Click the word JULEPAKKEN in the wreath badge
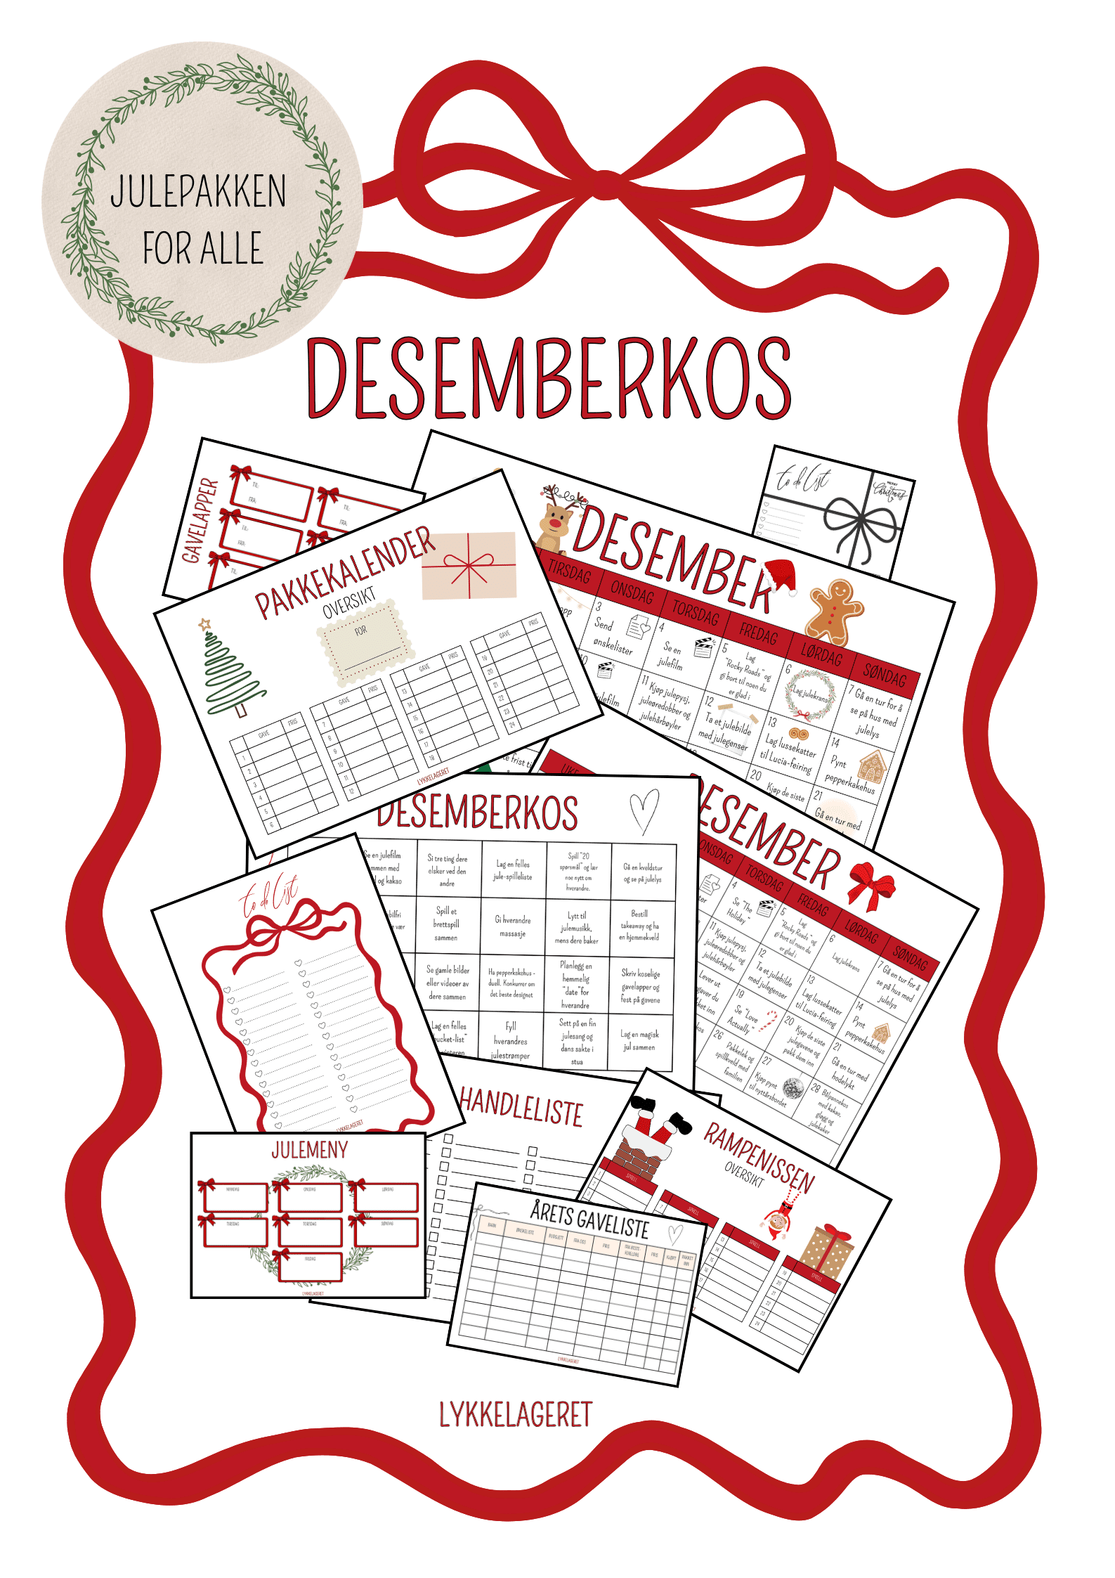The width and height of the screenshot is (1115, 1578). coord(198,191)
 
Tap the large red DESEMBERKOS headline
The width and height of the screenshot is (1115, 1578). coord(549,380)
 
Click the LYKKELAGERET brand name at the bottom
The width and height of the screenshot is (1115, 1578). coord(516,1414)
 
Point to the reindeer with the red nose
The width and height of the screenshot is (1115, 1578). coord(556,524)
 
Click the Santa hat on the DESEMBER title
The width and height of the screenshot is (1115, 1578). coord(781,576)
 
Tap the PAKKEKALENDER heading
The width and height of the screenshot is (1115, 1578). coord(344,573)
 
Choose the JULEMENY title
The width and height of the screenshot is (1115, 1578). coord(310,1150)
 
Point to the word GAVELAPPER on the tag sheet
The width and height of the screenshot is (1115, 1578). coord(200,520)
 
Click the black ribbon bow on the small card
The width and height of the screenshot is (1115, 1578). coord(861,524)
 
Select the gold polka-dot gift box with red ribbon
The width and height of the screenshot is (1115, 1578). coord(828,1251)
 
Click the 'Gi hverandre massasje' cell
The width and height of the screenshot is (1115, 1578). coord(514,926)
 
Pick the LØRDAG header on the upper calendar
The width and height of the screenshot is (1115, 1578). coord(821,655)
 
